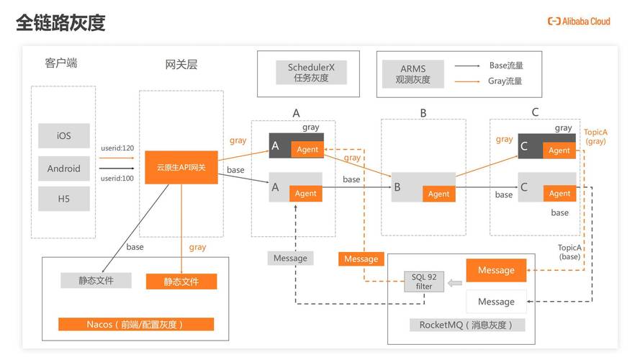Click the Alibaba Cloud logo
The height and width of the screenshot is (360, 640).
(578, 22)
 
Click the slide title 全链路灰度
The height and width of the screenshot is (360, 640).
(60, 23)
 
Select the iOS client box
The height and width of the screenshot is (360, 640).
(64, 136)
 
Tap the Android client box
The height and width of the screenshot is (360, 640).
(64, 168)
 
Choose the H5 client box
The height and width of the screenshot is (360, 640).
(64, 199)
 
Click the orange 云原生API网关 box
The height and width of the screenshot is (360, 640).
(181, 167)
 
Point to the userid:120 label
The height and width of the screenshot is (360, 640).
(117, 148)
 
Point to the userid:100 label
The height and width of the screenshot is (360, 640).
(117, 178)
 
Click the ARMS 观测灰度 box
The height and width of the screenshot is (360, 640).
(413, 74)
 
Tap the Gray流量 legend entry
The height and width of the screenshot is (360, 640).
(505, 81)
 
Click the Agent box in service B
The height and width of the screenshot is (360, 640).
(438, 194)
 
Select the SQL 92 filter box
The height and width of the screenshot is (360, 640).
(423, 282)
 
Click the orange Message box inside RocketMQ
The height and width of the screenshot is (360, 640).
(496, 270)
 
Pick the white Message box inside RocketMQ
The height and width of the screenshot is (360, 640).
(496, 301)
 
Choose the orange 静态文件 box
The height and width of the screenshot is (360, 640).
(181, 281)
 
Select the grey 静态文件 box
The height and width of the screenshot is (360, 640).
(96, 280)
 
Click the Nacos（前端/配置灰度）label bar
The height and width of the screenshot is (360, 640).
(135, 324)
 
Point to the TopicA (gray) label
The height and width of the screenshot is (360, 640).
(595, 138)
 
